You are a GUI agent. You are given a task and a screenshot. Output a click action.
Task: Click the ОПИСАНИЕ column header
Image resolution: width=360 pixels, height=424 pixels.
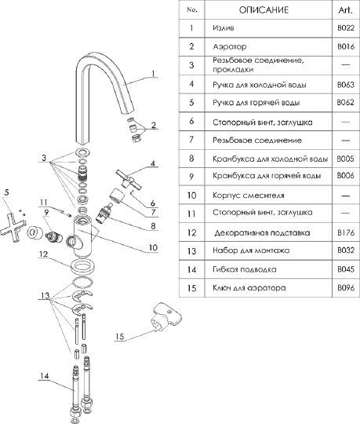pyautogui.click(x=264, y=10)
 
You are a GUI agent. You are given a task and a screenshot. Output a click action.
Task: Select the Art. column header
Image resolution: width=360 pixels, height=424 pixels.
pyautogui.click(x=345, y=10)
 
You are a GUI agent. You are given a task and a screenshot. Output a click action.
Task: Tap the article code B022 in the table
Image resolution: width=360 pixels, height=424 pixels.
pyautogui.click(x=346, y=28)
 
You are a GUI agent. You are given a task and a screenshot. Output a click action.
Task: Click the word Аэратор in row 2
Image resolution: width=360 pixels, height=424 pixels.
pyautogui.click(x=230, y=46)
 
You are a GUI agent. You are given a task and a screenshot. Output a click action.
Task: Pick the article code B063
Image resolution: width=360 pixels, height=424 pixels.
pyautogui.click(x=346, y=85)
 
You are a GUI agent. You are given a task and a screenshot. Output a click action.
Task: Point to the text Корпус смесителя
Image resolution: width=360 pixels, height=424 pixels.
pyautogui.click(x=249, y=196)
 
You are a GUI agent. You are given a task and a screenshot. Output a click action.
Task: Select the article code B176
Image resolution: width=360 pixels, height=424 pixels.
pyautogui.click(x=346, y=232)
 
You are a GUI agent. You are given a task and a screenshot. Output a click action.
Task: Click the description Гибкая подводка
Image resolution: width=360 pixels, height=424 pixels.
pyautogui.click(x=245, y=269)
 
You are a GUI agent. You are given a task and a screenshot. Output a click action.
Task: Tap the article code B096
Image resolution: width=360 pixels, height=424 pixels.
pyautogui.click(x=346, y=287)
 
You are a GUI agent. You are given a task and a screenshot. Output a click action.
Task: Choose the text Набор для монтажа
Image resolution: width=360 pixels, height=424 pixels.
pyautogui.click(x=251, y=250)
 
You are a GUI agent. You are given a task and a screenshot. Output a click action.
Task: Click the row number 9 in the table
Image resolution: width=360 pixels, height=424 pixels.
pyautogui.click(x=191, y=177)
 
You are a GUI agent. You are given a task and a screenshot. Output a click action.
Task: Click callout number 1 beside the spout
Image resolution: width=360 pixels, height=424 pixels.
pyautogui.click(x=153, y=74)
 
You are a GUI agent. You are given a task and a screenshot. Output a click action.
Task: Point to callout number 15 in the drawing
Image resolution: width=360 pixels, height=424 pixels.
pyautogui.click(x=120, y=336)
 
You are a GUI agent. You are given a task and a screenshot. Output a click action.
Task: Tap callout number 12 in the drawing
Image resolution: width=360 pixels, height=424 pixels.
pyautogui.click(x=43, y=254)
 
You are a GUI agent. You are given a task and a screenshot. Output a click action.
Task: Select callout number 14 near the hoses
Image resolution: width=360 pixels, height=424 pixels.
pyautogui.click(x=44, y=376)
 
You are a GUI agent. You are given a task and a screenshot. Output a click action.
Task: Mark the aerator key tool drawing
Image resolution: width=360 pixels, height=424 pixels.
pyautogui.click(x=165, y=317)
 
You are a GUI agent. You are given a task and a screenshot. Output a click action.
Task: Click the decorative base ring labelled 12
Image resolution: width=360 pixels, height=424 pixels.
pyautogui.click(x=82, y=266)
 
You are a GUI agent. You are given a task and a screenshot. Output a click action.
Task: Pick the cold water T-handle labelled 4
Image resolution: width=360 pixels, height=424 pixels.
pyautogui.click(x=129, y=179)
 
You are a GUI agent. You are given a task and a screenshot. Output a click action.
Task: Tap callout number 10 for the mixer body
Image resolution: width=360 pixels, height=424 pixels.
pyautogui.click(x=153, y=247)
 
